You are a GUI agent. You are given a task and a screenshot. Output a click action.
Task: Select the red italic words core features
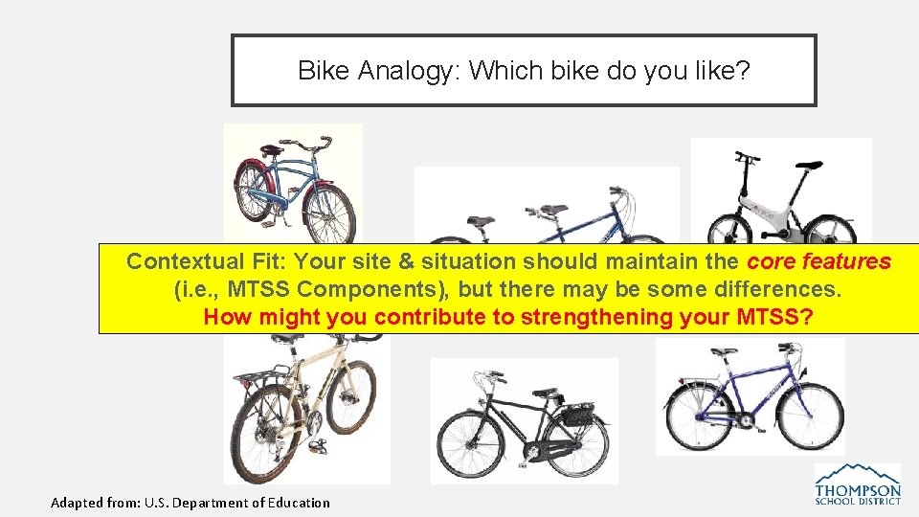pos(818,261)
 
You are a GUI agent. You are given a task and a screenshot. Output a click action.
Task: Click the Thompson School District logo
pos(857,484)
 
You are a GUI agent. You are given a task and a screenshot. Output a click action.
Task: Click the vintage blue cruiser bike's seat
pos(272,148)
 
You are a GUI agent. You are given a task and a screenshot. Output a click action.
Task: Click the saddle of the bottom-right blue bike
pos(724,352)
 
